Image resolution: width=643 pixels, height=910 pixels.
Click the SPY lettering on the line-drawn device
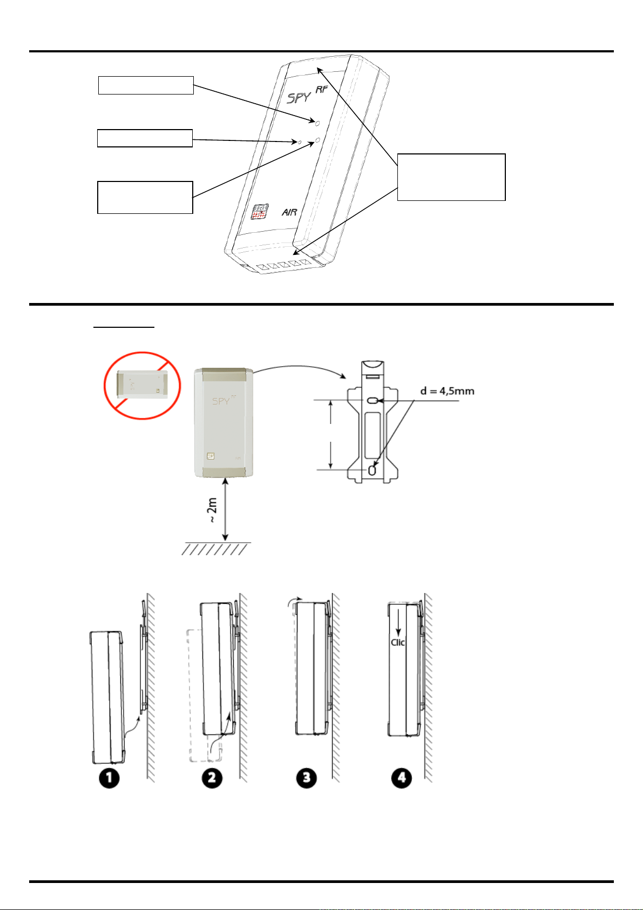click(299, 97)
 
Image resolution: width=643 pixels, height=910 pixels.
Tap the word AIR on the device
click(289, 212)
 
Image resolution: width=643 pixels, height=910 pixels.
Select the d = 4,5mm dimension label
click(448, 390)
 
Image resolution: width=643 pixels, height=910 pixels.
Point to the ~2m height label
click(212, 510)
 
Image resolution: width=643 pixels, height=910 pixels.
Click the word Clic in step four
click(398, 642)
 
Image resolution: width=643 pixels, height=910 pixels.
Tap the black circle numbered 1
click(109, 778)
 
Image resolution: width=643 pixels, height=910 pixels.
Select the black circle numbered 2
click(212, 778)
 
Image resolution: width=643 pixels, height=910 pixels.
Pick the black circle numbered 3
click(307, 778)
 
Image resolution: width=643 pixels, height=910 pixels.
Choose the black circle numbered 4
click(401, 778)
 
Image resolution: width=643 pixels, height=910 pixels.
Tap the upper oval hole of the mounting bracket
click(373, 401)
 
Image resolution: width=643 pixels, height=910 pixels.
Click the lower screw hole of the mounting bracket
click(372, 470)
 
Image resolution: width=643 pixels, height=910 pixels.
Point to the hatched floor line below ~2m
click(216, 549)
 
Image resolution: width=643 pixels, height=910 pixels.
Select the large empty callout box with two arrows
click(451, 177)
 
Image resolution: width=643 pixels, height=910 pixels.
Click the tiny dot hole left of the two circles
click(301, 142)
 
